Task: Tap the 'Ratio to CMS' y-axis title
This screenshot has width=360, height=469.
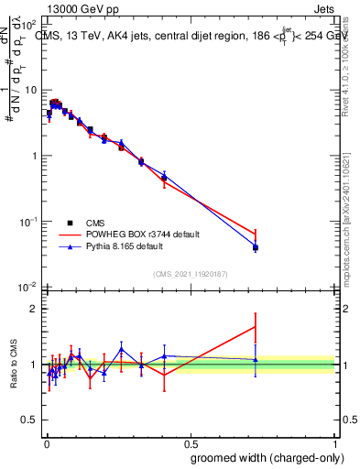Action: [x=13, y=365]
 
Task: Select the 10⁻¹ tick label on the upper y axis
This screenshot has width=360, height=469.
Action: [x=28, y=222]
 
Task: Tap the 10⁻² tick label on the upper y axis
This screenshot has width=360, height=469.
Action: [x=28, y=288]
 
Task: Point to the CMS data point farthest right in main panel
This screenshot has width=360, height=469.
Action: [x=256, y=247]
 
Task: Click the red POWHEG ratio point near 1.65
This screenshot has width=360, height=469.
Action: [x=256, y=327]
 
